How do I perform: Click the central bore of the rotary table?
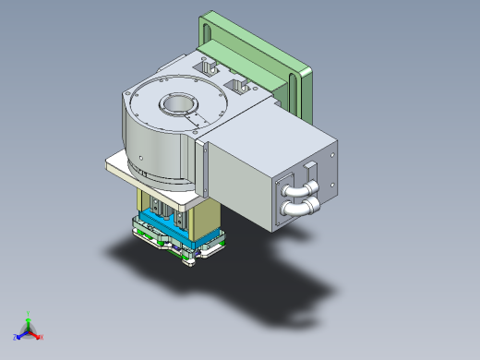(x=175, y=105)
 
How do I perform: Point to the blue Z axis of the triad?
(x=19, y=336)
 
